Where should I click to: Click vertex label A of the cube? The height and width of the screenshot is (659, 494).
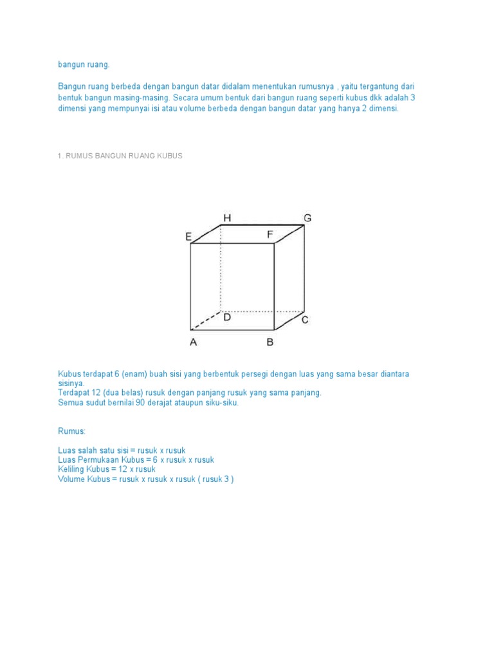click(x=193, y=342)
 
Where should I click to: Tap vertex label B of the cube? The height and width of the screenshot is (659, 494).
click(x=270, y=342)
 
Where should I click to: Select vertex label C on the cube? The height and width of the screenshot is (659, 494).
click(x=305, y=320)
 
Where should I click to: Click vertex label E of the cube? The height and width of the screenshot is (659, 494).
click(x=188, y=237)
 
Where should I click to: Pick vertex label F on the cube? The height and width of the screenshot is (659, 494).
click(x=271, y=235)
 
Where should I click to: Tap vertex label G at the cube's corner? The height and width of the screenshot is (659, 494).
click(x=307, y=218)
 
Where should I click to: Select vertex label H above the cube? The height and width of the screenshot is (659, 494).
click(x=226, y=218)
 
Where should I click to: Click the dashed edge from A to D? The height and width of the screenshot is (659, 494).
click(x=206, y=320)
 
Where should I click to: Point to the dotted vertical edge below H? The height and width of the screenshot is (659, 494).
click(x=221, y=270)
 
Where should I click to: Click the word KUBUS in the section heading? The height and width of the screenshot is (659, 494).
click(x=170, y=156)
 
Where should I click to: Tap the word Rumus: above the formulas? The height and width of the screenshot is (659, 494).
click(x=71, y=431)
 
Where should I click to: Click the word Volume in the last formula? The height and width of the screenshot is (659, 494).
click(x=71, y=479)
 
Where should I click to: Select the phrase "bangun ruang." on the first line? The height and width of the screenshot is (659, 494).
click(x=84, y=64)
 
